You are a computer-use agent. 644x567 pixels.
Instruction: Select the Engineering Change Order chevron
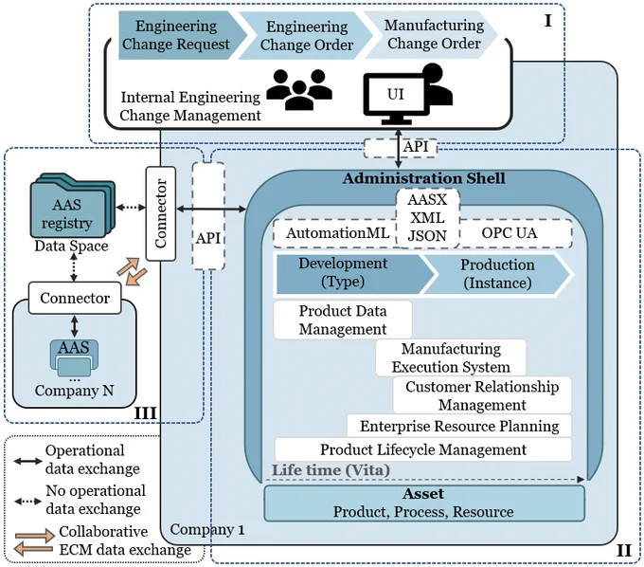pyautogui.click(x=306, y=35)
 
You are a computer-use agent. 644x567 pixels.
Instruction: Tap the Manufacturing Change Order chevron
pyautogui.click(x=431, y=34)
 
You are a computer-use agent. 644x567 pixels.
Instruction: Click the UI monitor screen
pyautogui.click(x=395, y=95)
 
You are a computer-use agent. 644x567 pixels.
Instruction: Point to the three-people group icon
pyautogui.click(x=299, y=89)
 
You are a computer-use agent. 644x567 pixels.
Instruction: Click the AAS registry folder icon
pyautogui.click(x=72, y=206)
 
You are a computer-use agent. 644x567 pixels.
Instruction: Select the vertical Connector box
pyautogui.click(x=161, y=213)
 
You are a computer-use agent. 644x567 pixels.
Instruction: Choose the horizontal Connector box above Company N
pyautogui.click(x=75, y=298)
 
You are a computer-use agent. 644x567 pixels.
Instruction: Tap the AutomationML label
pyautogui.click(x=337, y=233)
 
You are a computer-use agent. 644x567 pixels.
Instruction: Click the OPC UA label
pyautogui.click(x=510, y=232)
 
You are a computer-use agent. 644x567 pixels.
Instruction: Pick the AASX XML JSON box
pyautogui.click(x=427, y=218)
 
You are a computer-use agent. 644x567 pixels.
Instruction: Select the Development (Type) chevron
pyautogui.click(x=354, y=274)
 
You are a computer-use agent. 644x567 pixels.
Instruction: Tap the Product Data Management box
pyautogui.click(x=343, y=320)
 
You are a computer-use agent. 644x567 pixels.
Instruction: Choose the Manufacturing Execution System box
pyautogui.click(x=451, y=357)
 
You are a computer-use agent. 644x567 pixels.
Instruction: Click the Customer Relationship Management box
pyautogui.click(x=482, y=395)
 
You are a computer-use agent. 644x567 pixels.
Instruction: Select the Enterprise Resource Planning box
pyautogui.click(x=459, y=426)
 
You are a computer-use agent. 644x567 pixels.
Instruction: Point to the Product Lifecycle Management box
pyautogui.click(x=423, y=449)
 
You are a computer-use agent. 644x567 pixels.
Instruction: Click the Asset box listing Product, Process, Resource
pyautogui.click(x=424, y=503)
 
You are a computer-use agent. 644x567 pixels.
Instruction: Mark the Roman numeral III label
pyautogui.click(x=146, y=412)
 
